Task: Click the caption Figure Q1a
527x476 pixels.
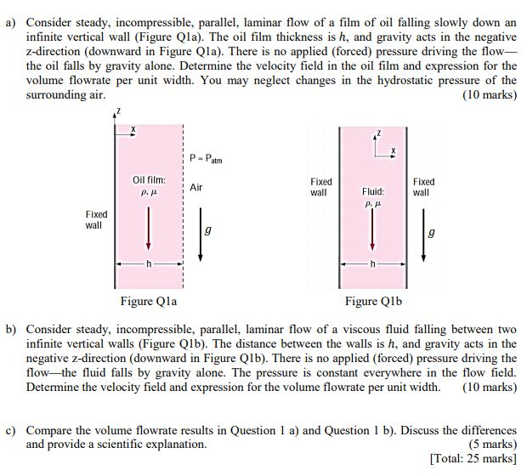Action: pyautogui.click(x=149, y=301)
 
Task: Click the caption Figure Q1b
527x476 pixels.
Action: pyautogui.click(x=373, y=301)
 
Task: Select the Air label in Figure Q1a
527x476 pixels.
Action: pyautogui.click(x=196, y=186)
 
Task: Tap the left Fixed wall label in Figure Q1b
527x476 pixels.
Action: pyautogui.click(x=322, y=187)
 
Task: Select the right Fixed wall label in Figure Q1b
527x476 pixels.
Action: pyautogui.click(x=423, y=187)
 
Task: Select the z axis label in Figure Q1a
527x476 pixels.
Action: pyautogui.click(x=122, y=111)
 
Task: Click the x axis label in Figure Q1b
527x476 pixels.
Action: pyautogui.click(x=393, y=151)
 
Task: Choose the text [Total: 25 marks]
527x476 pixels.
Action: pyautogui.click(x=473, y=458)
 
